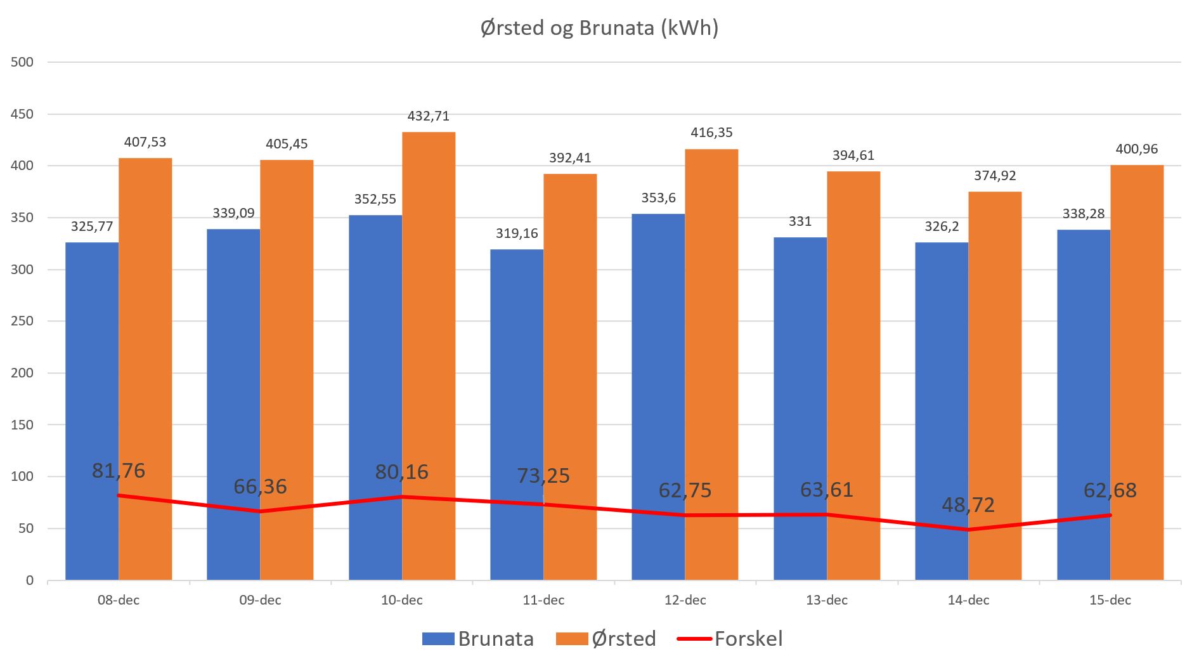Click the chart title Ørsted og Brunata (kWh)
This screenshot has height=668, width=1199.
pos(599,29)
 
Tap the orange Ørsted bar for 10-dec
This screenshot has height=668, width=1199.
pos(429,355)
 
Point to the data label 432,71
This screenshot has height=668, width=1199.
pos(429,116)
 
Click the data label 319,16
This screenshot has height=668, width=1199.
pos(517,233)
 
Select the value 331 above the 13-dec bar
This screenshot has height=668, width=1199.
pos(800,221)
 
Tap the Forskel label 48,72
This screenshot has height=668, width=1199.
pos(968,505)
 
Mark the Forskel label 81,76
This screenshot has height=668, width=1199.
pos(119,471)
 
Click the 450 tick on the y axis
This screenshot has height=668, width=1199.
pos(22,114)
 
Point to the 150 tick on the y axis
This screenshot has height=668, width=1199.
pos(22,424)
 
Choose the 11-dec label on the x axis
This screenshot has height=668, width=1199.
pos(543,600)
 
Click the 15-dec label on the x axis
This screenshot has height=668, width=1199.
pos(1110,600)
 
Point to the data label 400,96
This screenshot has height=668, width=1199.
pos(1137,149)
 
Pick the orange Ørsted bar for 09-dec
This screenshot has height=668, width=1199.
pos(287,368)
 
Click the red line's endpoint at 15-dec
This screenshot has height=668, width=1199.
pos(1110,515)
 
